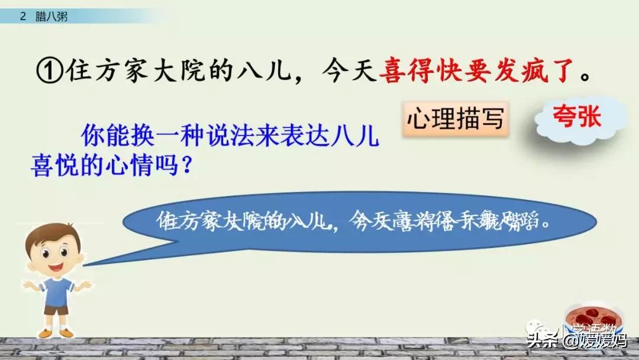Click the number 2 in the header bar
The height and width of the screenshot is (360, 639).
click(x=22, y=17)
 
